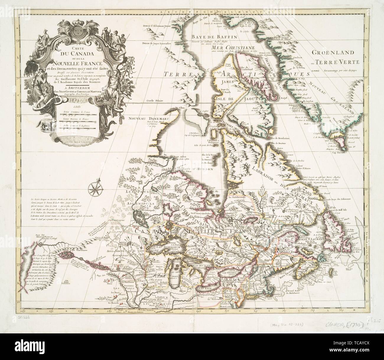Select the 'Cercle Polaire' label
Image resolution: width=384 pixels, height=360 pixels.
click(x=157, y=101)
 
